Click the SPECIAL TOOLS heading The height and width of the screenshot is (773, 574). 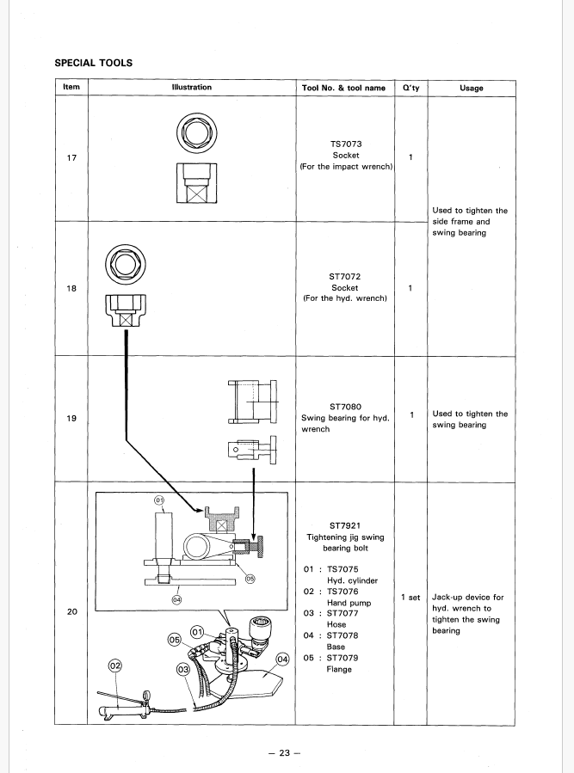(93, 63)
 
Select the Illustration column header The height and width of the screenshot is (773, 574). (192, 87)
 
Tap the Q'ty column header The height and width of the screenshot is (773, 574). (410, 88)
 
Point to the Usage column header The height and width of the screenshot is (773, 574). (472, 88)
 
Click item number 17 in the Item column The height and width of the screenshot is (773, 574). (71, 157)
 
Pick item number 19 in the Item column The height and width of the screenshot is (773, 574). (71, 418)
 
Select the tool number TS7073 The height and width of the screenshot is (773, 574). (345, 144)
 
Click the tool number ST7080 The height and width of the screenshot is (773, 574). (345, 407)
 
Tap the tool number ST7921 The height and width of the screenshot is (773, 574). (344, 525)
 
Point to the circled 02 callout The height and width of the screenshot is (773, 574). (114, 666)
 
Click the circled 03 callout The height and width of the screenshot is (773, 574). (183, 670)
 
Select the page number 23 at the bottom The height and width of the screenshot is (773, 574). (284, 752)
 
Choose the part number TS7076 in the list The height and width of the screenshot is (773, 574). (343, 591)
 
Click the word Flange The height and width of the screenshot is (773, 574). (338, 669)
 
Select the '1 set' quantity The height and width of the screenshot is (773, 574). (410, 598)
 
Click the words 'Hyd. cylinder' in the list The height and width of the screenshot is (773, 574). (352, 580)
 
